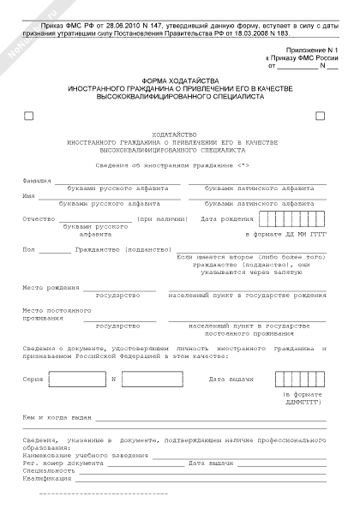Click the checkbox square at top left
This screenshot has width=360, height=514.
pyautogui.click(x=30, y=116)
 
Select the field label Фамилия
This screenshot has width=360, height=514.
pyautogui.click(x=37, y=181)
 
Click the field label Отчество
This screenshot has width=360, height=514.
pyautogui.click(x=39, y=219)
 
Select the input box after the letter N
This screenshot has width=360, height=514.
pyautogui.click(x=152, y=379)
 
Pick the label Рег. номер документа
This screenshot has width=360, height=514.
pyautogui.click(x=61, y=463)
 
